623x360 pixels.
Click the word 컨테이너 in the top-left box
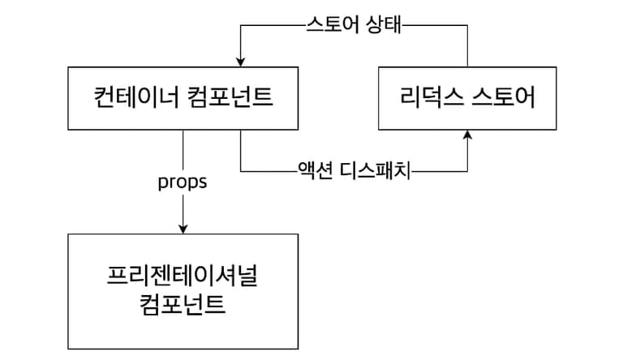tap(132, 100)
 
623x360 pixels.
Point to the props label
tap(182, 182)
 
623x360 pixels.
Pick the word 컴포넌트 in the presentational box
tap(183, 306)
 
